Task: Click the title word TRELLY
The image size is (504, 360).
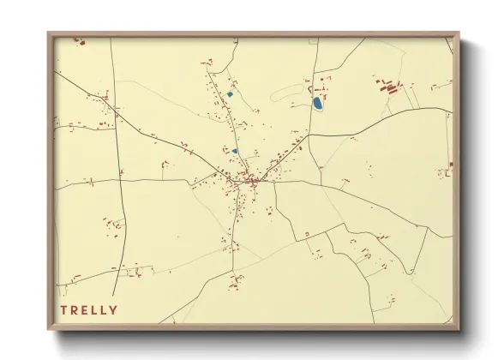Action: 89,309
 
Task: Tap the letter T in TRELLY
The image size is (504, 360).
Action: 63,309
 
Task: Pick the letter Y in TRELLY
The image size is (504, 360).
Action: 114,309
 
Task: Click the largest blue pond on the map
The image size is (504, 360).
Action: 318,104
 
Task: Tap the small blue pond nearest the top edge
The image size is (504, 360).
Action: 230,93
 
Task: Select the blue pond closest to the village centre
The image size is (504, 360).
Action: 234,151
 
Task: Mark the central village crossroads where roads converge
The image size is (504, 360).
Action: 252,180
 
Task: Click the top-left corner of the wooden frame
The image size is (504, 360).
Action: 48,33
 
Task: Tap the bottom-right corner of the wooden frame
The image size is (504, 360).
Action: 459,330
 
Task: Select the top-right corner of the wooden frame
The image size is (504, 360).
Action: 459,33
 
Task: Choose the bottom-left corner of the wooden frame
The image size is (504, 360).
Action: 48,330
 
